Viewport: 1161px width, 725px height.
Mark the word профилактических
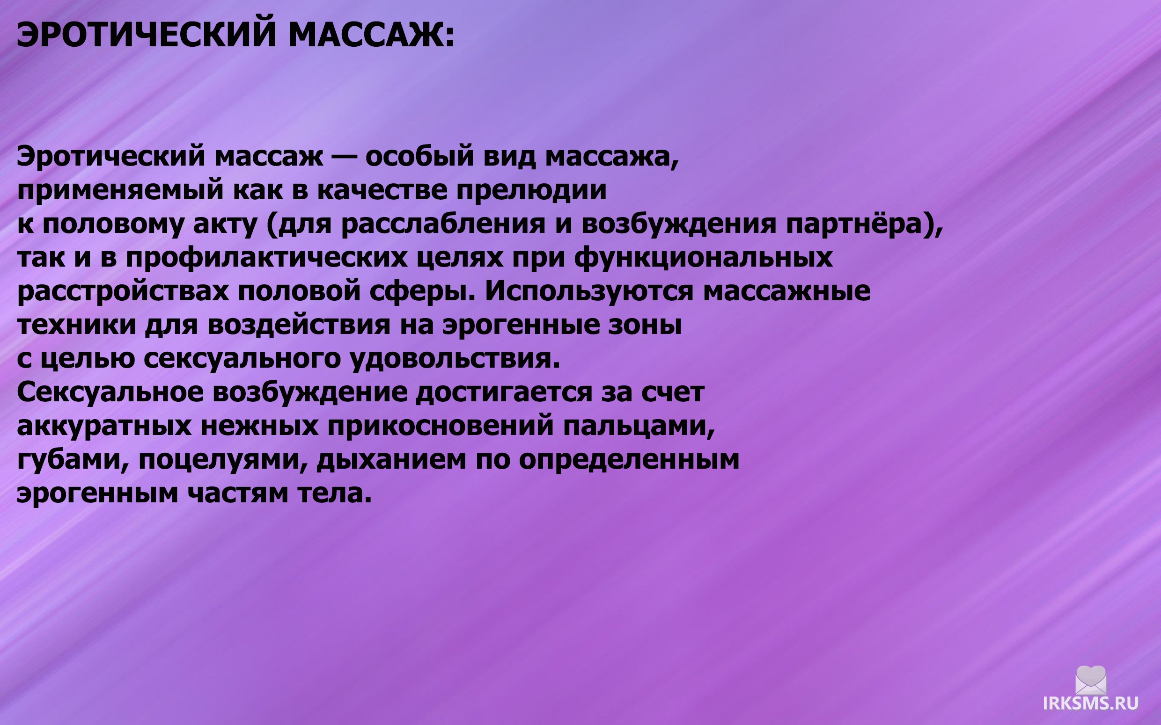[267, 257]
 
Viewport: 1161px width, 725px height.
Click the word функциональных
[703, 257]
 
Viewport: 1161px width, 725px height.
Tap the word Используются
[589, 290]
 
